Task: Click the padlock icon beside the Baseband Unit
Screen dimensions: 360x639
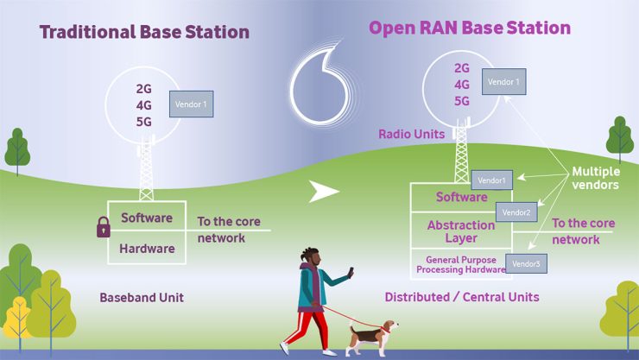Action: [x=104, y=228]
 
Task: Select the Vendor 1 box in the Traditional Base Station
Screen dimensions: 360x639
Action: [x=191, y=104]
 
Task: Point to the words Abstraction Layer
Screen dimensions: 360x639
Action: [x=461, y=232]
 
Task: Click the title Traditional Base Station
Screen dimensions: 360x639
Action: [x=144, y=33]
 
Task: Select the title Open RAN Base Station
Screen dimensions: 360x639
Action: [x=470, y=28]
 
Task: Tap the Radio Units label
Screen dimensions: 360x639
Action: [x=411, y=135]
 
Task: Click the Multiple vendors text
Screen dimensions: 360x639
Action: [x=596, y=179]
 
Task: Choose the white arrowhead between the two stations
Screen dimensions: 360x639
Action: [x=324, y=191]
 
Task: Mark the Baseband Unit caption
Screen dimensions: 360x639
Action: [x=142, y=298]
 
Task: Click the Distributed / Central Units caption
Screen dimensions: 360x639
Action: [x=462, y=298]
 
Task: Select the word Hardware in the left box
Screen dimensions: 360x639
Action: [x=148, y=249]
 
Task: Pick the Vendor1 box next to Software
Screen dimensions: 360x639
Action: [x=492, y=181]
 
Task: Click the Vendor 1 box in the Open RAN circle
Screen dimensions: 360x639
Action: [x=505, y=82]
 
